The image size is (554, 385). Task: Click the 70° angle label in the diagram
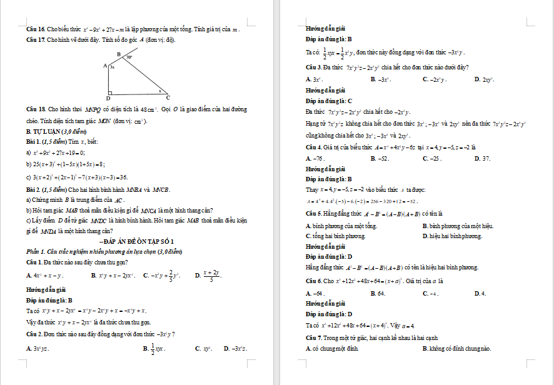click(129, 57)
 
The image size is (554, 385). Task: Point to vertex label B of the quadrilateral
click(119, 54)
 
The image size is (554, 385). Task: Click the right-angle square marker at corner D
click(111, 91)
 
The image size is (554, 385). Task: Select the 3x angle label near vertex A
click(113, 66)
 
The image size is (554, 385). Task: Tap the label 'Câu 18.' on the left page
click(35, 109)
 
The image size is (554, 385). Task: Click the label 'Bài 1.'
click(33, 141)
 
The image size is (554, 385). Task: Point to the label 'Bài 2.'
click(33, 189)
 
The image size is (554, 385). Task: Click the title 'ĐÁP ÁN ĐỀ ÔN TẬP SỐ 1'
click(137, 241)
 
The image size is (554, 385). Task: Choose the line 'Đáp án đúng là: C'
click(329, 101)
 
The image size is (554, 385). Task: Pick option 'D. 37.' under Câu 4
click(482, 159)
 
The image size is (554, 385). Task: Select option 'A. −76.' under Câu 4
click(314, 159)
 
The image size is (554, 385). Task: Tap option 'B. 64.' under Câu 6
click(378, 293)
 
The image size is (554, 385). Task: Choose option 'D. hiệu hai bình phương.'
click(452, 236)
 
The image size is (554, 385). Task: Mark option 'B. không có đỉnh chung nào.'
click(456, 348)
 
